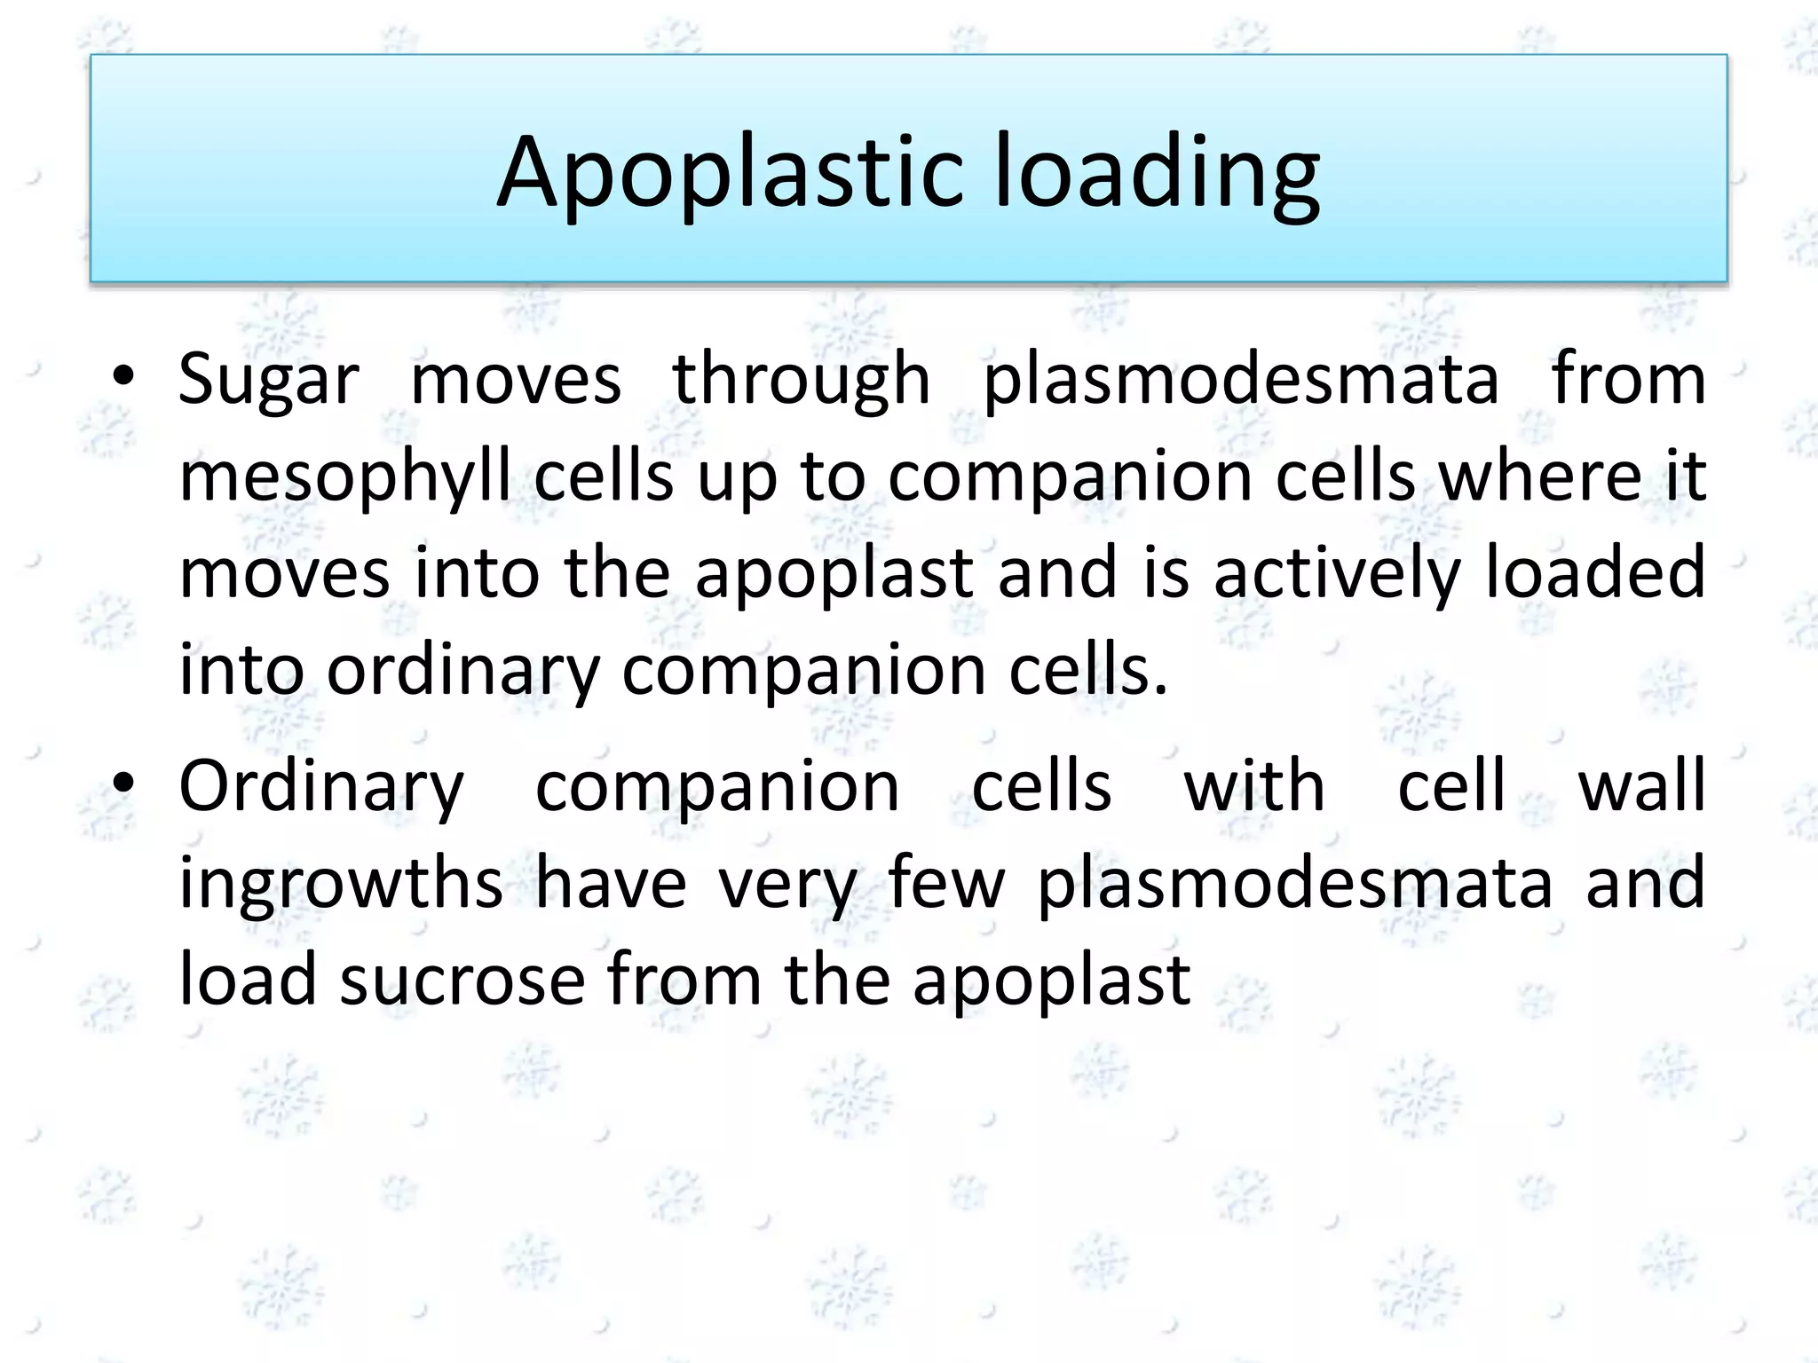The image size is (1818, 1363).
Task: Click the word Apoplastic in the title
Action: [729, 172]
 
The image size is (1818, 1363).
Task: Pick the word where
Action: [1540, 477]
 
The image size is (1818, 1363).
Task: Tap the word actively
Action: [1337, 573]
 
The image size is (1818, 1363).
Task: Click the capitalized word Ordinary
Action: [321, 789]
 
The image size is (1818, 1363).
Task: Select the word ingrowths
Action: [341, 884]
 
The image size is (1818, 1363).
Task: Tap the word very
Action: [787, 884]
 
